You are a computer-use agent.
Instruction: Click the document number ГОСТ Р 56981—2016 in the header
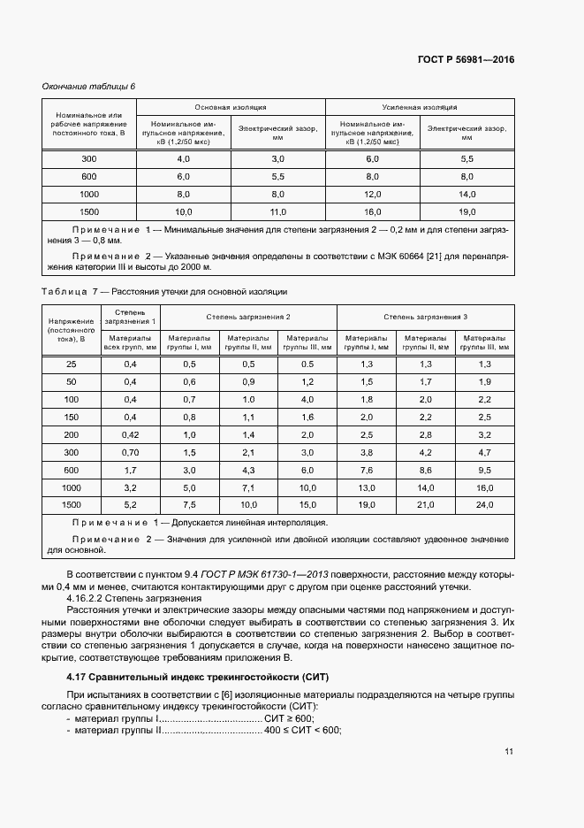point(466,60)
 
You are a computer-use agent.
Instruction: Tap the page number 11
point(509,752)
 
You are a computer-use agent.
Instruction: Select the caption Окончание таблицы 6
point(89,86)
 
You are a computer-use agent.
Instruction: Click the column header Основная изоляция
point(231,106)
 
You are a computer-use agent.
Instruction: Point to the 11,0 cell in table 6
point(278,211)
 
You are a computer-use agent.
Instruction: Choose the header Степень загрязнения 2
point(248,316)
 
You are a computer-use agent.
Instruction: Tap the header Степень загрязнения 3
point(425,316)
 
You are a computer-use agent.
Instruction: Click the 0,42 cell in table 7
point(130,435)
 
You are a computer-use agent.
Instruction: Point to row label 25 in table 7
point(72,364)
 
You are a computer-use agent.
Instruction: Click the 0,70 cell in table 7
point(130,452)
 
